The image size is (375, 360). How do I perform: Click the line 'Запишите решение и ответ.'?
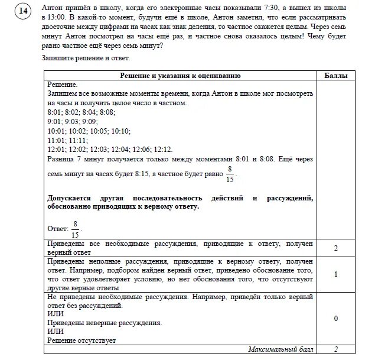point(86,58)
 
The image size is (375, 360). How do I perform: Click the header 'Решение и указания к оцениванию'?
point(181,76)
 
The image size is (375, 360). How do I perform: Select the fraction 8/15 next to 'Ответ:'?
point(75,228)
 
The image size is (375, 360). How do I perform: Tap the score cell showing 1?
point(335,274)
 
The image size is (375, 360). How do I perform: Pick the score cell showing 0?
point(335,318)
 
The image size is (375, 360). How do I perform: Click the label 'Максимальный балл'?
point(281,349)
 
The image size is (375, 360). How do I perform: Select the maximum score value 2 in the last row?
point(335,349)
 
